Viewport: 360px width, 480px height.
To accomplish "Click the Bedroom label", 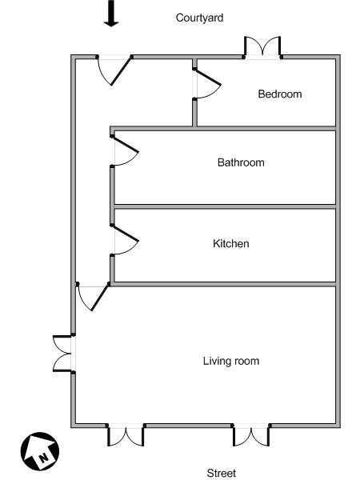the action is pos(280,94).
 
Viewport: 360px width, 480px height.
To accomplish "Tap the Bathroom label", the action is pos(241,162).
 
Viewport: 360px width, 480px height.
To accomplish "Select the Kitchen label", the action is pos(231,244).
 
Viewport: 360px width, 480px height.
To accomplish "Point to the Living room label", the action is pos(231,361).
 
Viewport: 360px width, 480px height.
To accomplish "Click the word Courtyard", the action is pos(199,18).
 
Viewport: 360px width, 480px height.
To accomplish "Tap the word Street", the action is pos(222,473).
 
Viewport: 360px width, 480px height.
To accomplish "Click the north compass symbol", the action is pos(40,451).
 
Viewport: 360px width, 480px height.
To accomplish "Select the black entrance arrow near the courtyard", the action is pos(111,14).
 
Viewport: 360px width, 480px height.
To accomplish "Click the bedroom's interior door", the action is pos(206,83).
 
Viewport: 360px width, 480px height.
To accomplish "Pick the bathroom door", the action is pos(125,150).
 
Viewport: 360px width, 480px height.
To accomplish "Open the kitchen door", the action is pos(125,240).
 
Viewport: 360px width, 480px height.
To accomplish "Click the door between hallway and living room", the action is pos(93,296).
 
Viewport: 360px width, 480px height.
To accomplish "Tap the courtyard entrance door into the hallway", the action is pos(114,70).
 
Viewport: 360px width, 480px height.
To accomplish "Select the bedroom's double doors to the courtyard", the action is pos(262,47).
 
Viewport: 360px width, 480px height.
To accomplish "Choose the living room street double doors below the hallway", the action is pos(126,434).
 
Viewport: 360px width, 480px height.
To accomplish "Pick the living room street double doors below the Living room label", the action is pos(251,434).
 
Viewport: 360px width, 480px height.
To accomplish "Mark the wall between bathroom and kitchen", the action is pos(225,206).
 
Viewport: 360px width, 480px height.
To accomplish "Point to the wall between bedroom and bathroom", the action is pos(225,129).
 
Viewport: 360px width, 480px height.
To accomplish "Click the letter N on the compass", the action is pos(44,458).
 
